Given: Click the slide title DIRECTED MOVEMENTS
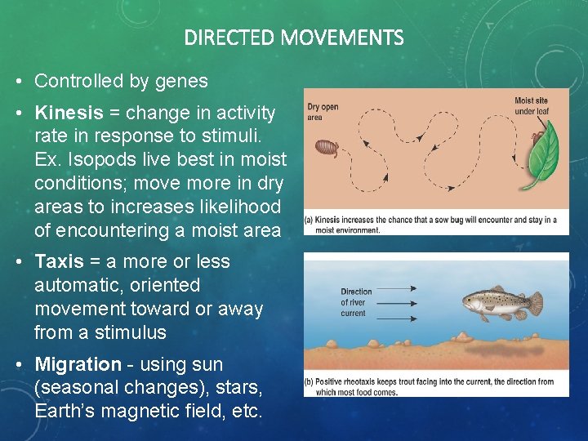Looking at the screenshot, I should click(294, 38).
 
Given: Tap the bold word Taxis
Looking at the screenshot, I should click(59, 261).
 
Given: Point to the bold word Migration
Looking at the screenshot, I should click(78, 364).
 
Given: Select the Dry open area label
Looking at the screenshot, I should click(323, 112).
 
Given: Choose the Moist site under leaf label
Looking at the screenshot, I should click(531, 106).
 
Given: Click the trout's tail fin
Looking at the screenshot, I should click(533, 304).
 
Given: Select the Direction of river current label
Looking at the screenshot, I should click(356, 302).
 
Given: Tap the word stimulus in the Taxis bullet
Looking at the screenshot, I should click(133, 332).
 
